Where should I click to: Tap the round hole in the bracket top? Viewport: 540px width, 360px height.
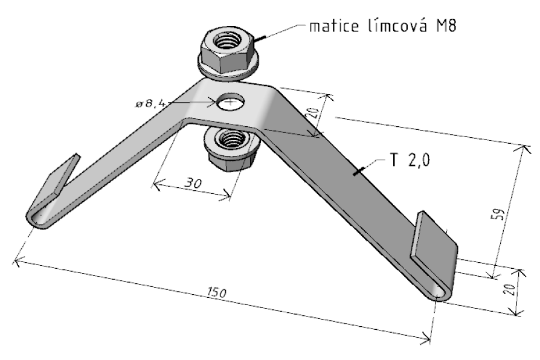pyautogui.click(x=229, y=102)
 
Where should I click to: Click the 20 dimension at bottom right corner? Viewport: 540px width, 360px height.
pyautogui.click(x=512, y=289)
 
